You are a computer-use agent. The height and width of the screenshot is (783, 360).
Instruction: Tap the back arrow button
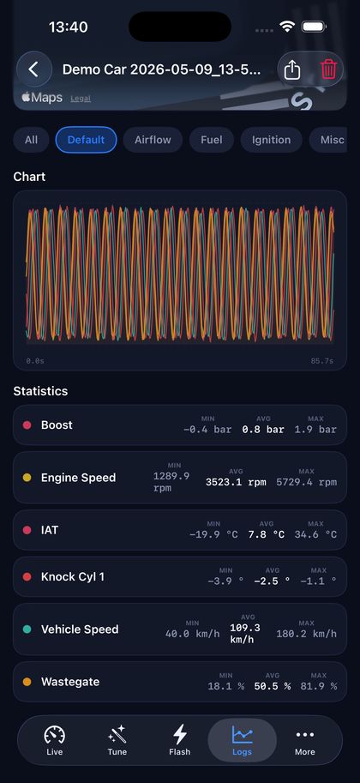34,69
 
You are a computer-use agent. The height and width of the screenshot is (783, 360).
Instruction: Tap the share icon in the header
292,69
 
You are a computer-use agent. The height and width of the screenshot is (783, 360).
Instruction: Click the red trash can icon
328,69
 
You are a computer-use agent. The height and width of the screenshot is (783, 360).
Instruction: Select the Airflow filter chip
153,140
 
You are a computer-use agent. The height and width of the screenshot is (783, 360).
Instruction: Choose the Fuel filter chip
212,140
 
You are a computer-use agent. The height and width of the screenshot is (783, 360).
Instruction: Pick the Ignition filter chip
271,140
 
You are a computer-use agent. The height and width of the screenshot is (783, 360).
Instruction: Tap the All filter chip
31,140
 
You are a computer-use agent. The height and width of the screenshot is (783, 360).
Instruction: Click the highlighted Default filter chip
86,140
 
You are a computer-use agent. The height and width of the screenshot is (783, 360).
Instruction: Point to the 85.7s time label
322,360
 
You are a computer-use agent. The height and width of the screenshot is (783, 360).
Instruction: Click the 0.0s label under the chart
35,360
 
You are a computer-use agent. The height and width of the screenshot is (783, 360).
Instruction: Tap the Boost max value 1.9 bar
315,430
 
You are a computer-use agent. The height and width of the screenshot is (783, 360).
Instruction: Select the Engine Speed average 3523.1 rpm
236,482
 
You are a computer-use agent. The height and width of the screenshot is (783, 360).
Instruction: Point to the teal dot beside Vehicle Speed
27,629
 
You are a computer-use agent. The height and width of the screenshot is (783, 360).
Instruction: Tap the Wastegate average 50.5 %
272,686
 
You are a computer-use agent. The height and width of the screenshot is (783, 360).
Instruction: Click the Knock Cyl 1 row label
73,577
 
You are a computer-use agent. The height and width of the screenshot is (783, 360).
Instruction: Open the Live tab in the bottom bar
54,741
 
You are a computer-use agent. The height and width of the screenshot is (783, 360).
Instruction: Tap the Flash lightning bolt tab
180,741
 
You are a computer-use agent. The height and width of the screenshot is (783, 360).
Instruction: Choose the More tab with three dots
305,741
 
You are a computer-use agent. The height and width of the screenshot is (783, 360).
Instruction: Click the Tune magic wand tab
117,741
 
